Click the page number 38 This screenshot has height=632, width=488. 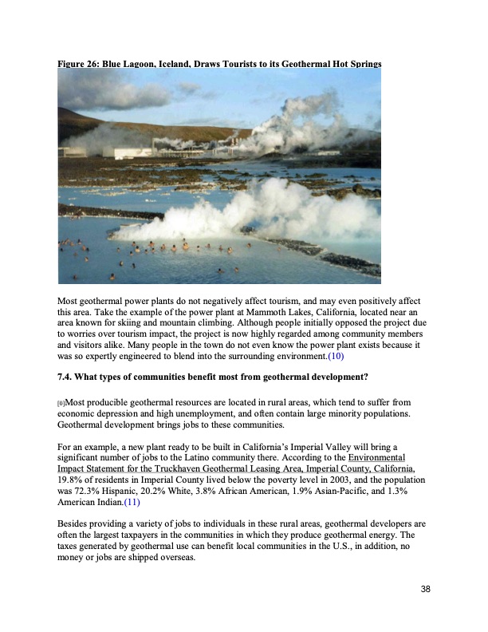coord(425,589)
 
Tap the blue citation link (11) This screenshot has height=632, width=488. coord(132,504)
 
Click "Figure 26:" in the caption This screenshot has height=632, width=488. coord(79,62)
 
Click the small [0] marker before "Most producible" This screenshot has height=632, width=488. coord(62,404)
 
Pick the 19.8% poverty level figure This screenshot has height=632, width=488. coord(72,481)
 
